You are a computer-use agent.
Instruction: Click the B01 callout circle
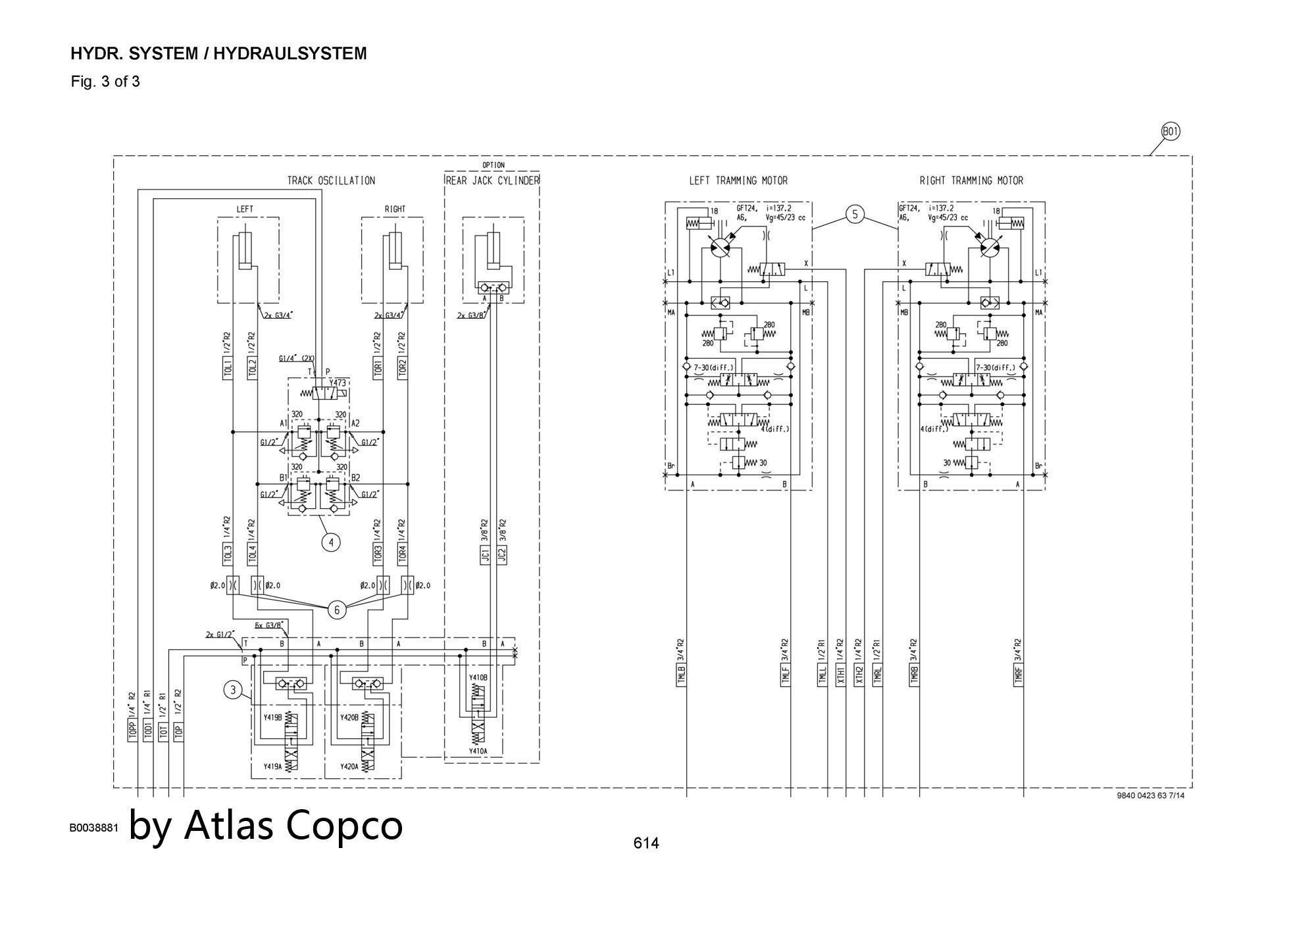pos(1171,132)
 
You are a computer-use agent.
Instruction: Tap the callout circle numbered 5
pos(855,214)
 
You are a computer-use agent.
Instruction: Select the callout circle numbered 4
pos(331,543)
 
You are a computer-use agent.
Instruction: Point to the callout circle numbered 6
pos(337,610)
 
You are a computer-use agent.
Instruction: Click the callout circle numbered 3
pos(232,690)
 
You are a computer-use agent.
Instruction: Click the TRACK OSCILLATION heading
pos(331,180)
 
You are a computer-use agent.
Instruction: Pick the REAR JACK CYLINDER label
pos(492,180)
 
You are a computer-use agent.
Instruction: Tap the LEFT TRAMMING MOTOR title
pos(738,180)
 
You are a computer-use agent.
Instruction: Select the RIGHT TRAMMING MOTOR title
pos(971,180)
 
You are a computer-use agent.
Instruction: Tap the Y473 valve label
pos(338,383)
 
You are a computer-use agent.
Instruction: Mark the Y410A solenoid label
pos(478,751)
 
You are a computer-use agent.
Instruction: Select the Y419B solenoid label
pos(272,717)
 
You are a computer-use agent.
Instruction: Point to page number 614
pos(646,843)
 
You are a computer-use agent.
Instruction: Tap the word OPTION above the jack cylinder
pos(493,165)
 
